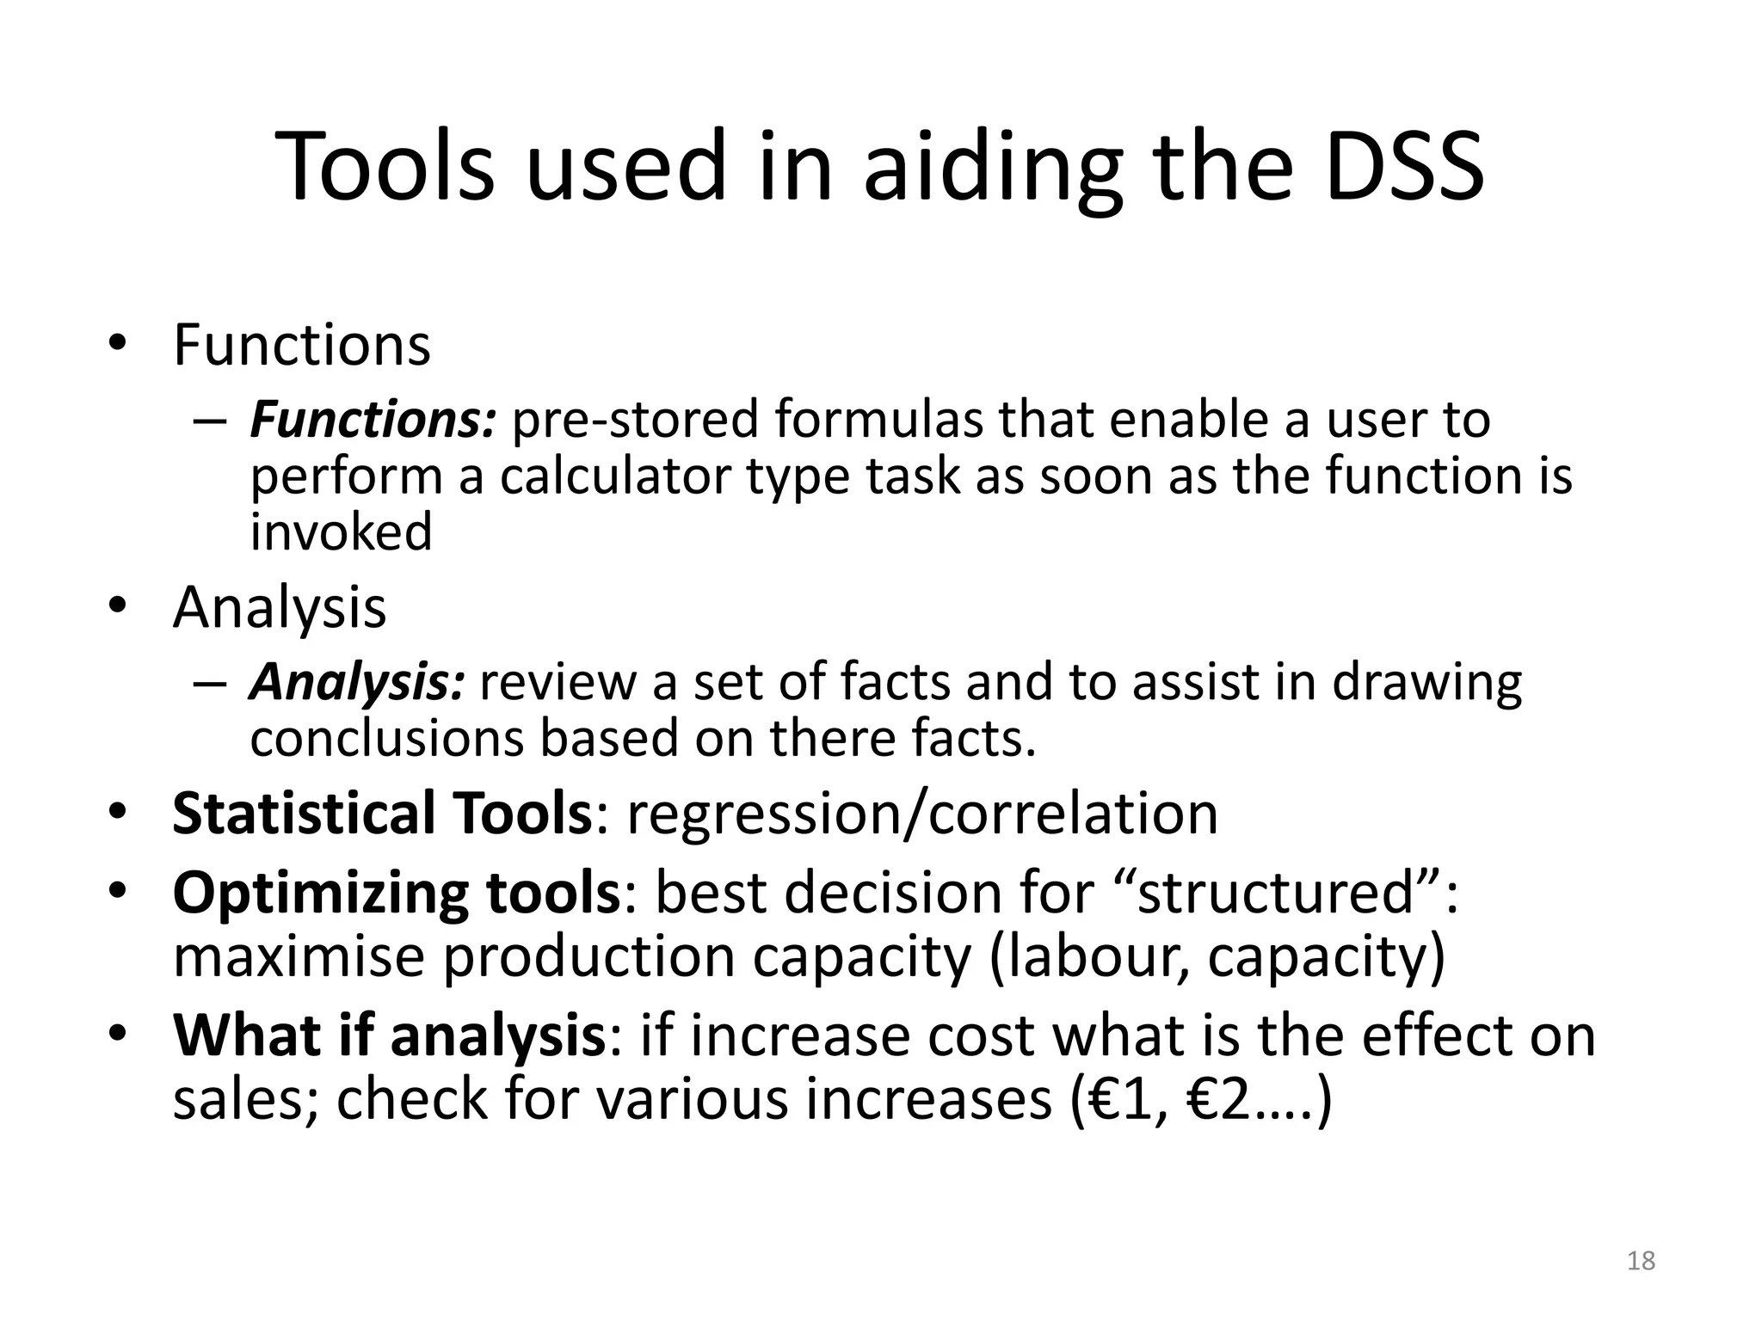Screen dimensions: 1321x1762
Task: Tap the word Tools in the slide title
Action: click(385, 166)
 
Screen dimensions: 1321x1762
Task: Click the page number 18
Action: click(1642, 1261)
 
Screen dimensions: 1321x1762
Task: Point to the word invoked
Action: click(342, 531)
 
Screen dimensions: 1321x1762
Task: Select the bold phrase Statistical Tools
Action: click(382, 813)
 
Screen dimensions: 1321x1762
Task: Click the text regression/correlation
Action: click(922, 813)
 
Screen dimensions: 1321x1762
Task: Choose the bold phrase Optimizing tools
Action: click(396, 892)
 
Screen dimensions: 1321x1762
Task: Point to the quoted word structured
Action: click(1277, 892)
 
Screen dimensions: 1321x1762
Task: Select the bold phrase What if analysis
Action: click(390, 1035)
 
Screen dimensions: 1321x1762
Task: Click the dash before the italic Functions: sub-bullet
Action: click(209, 421)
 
